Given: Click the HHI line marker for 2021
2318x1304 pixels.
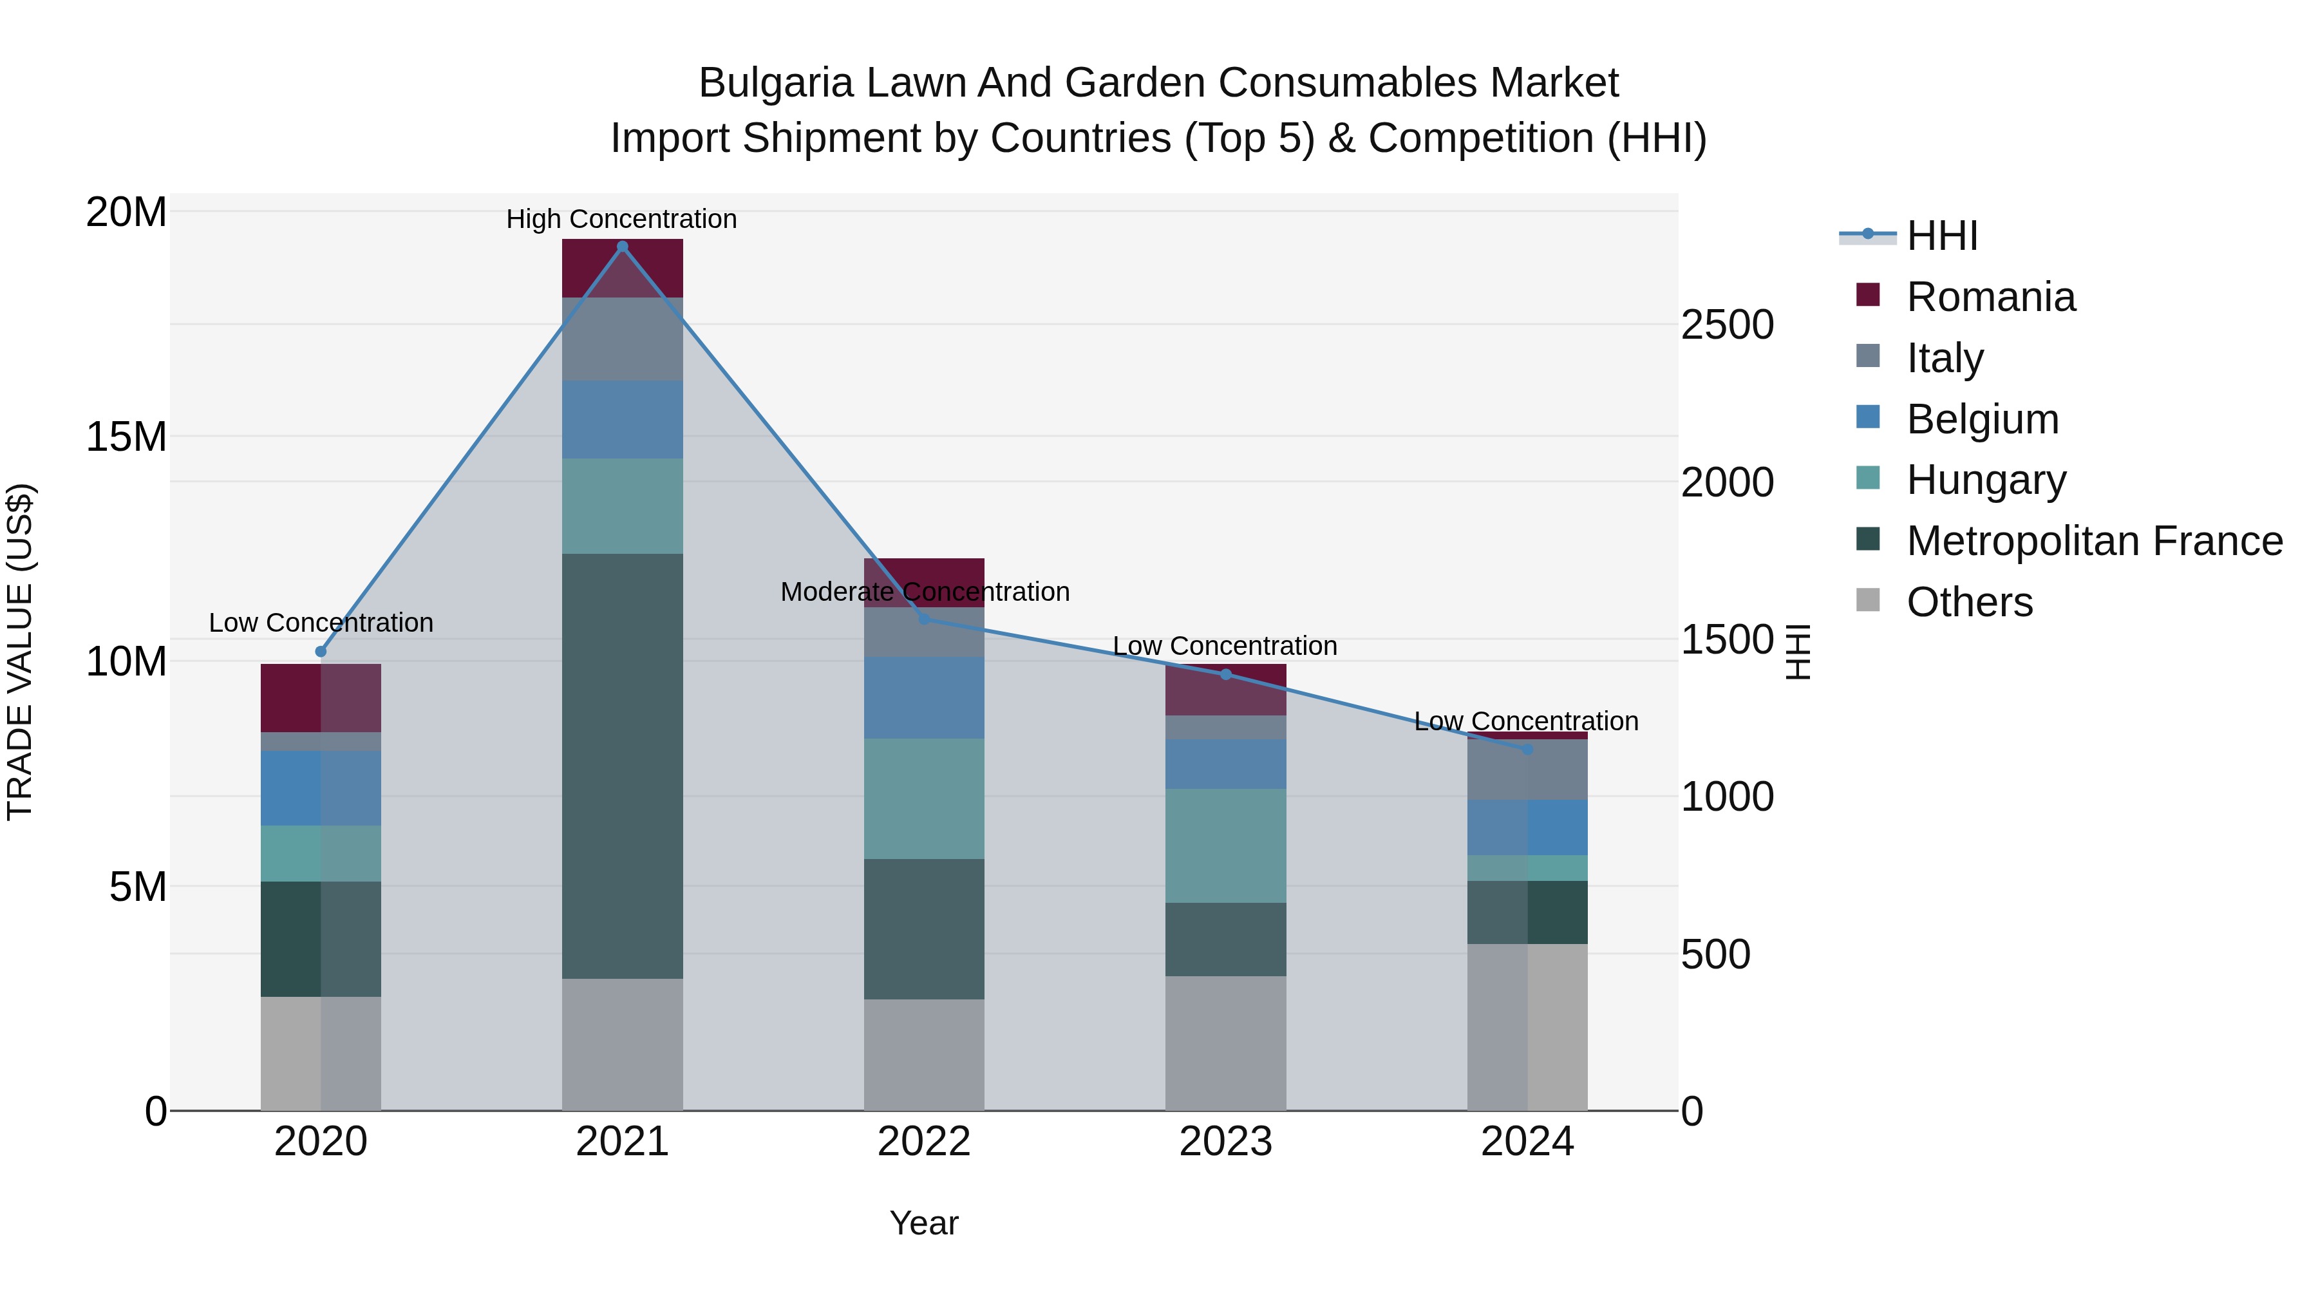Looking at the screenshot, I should (x=622, y=247).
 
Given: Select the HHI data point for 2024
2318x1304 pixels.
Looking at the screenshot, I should (x=1527, y=749).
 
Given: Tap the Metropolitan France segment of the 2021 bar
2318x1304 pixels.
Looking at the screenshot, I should (x=622, y=765).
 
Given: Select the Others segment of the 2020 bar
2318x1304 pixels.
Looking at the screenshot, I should (x=321, y=1053).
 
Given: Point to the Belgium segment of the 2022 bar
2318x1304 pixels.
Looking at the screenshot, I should (x=924, y=697).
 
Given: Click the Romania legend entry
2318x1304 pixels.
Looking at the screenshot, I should (x=1990, y=297).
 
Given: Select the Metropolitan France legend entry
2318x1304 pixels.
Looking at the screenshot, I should (x=2093, y=541).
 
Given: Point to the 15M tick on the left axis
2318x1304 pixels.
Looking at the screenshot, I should (x=126, y=437).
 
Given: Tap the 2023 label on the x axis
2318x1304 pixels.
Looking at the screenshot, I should (x=1225, y=1142).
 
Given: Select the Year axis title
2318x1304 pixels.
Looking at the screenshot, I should (x=924, y=1223).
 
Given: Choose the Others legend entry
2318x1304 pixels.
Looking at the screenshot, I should (x=1969, y=602).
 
